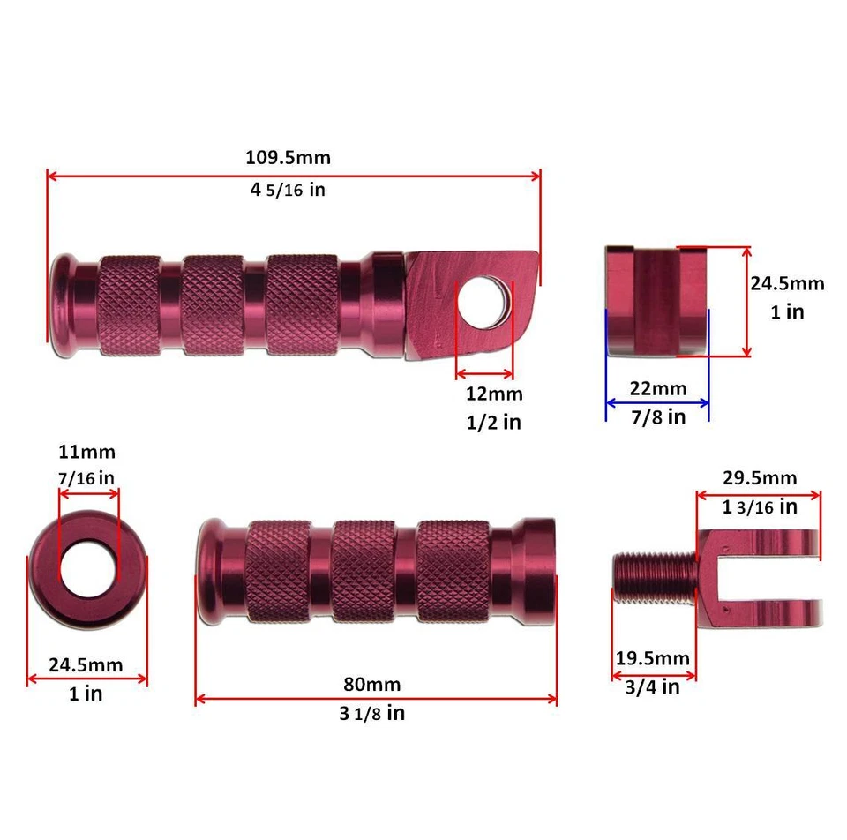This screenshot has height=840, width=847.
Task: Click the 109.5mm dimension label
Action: point(288,158)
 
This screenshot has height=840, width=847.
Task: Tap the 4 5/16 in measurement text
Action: point(288,189)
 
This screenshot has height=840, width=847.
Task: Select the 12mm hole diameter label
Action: point(494,394)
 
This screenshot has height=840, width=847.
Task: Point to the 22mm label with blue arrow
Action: point(656,388)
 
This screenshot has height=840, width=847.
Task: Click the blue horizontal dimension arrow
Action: point(657,403)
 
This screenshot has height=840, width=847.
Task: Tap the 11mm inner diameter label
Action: point(86,453)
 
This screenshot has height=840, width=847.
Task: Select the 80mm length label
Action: point(371,684)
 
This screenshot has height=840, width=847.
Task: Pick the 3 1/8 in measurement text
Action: point(371,713)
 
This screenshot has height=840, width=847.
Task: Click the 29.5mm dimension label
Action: point(759,477)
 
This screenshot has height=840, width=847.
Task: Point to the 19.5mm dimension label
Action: point(653,658)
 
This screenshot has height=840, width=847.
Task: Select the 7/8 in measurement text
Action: point(656,417)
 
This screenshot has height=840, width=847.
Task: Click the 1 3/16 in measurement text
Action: point(759,506)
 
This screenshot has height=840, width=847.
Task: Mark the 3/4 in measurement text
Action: point(653,686)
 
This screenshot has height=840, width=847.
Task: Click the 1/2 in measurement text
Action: point(494,423)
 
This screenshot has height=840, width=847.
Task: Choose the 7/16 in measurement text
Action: point(86,477)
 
